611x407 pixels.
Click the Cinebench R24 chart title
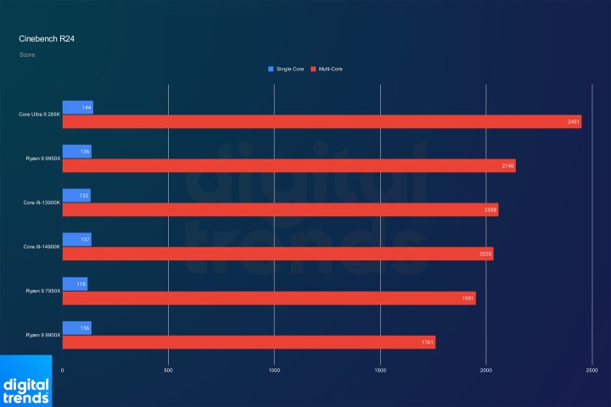click(x=43, y=39)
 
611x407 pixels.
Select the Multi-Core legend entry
click(x=328, y=68)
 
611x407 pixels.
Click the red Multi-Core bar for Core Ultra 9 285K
click(x=322, y=121)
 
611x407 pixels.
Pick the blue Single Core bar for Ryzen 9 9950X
click(x=76, y=152)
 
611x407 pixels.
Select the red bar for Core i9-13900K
click(x=280, y=209)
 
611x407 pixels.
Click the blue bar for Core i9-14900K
click(x=76, y=240)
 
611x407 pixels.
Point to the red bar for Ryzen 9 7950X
click(x=269, y=298)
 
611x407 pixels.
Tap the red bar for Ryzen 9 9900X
click(x=249, y=342)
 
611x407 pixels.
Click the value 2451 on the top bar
click(x=574, y=121)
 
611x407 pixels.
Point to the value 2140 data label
click(x=507, y=165)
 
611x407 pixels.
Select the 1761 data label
click(x=428, y=342)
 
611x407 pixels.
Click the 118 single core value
click(x=81, y=284)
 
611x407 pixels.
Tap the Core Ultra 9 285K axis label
click(x=40, y=114)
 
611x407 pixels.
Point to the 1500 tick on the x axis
click(x=380, y=371)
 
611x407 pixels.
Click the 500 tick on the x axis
click(x=168, y=371)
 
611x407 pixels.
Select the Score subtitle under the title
click(x=27, y=55)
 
